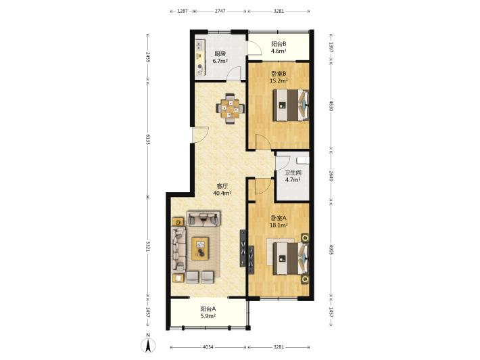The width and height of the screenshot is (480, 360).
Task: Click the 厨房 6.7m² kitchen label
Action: (x=220, y=58)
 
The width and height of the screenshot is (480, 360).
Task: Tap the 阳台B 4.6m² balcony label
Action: (x=279, y=47)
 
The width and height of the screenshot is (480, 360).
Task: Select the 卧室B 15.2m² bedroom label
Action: (x=279, y=77)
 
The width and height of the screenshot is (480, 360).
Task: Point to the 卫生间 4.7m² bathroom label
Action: (x=293, y=176)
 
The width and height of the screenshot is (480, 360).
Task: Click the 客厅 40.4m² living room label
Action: (x=222, y=189)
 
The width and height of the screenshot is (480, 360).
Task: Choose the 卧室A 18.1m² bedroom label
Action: (x=279, y=221)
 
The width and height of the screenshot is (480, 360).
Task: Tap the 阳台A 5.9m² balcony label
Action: (x=208, y=313)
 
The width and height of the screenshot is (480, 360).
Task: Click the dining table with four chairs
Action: (x=231, y=108)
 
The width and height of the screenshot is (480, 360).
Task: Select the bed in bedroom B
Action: (x=291, y=105)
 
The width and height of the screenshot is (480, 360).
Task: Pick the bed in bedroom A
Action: (x=291, y=258)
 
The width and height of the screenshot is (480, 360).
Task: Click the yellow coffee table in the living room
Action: (x=201, y=249)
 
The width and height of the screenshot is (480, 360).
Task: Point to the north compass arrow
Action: (x=148, y=346)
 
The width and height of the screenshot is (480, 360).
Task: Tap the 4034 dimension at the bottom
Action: (x=208, y=347)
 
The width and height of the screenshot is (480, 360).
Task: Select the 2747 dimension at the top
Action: (x=220, y=11)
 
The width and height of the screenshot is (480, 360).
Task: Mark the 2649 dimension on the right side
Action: (x=331, y=176)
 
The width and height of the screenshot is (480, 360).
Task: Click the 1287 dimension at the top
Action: (x=183, y=11)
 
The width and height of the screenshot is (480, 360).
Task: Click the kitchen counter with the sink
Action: (x=200, y=58)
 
